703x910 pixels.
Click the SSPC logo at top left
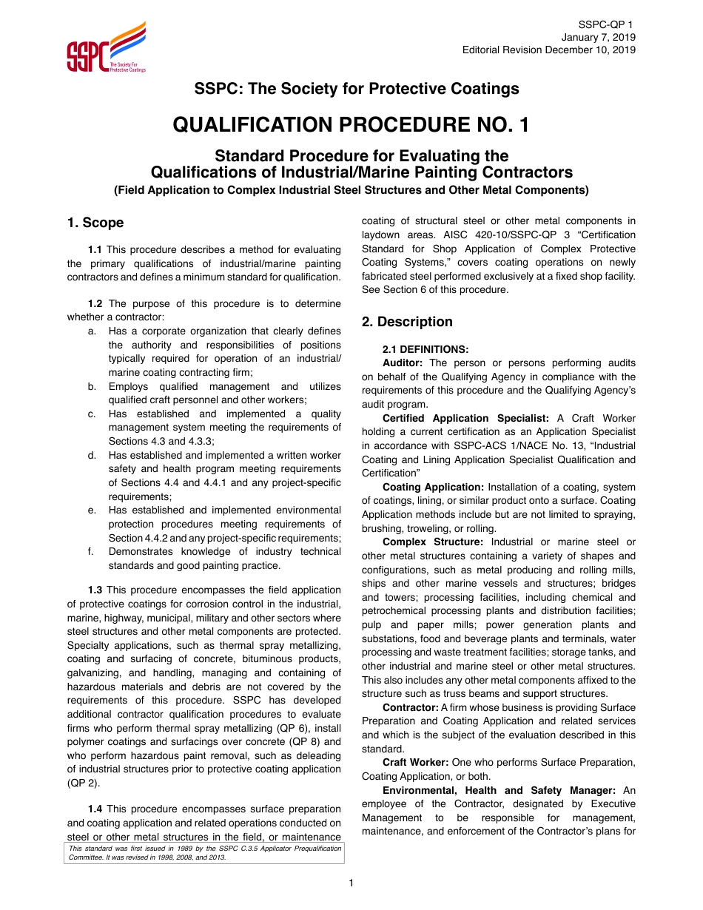click(x=106, y=49)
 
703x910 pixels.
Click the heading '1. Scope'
click(x=95, y=223)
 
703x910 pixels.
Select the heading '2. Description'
click(x=407, y=322)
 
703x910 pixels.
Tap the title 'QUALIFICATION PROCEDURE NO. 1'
click(x=351, y=124)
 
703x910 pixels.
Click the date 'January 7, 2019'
click(x=598, y=37)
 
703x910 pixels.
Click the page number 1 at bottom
click(x=351, y=883)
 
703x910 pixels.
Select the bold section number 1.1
click(x=95, y=250)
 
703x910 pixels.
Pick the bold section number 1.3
click(x=95, y=590)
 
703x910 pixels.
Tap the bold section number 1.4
click(x=95, y=809)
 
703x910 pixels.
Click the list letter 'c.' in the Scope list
click(x=92, y=414)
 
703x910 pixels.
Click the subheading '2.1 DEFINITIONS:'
click(x=425, y=349)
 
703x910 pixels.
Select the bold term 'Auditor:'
click(x=403, y=363)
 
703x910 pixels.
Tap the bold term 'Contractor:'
click(x=410, y=708)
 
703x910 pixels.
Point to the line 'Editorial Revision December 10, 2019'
click(x=548, y=50)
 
